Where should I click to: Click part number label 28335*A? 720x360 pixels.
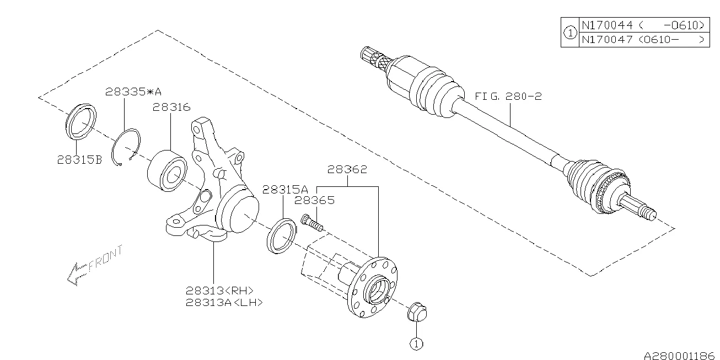pyautogui.click(x=134, y=92)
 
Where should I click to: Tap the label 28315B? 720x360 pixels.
pyautogui.click(x=79, y=160)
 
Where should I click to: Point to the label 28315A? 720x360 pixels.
pyautogui.click(x=285, y=189)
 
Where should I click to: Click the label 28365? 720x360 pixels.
pyautogui.click(x=314, y=201)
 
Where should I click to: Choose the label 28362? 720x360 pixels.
pyautogui.click(x=347, y=170)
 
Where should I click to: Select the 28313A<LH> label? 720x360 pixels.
pyautogui.click(x=224, y=302)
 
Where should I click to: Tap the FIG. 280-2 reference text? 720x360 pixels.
pyautogui.click(x=508, y=96)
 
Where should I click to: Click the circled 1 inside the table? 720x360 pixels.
pyautogui.click(x=570, y=33)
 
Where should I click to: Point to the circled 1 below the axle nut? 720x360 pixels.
pyautogui.click(x=415, y=343)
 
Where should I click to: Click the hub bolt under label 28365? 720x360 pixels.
pyautogui.click(x=311, y=223)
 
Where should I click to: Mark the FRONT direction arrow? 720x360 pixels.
pyautogui.click(x=92, y=266)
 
